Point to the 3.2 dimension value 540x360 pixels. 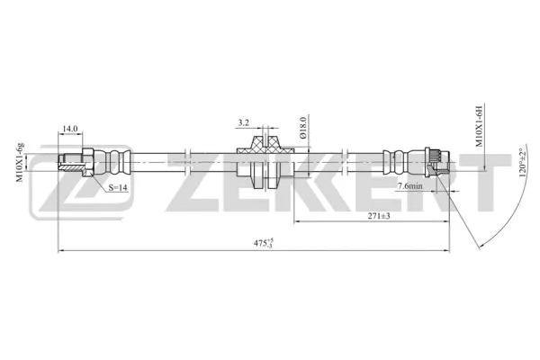(x=243, y=121)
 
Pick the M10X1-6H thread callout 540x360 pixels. (x=480, y=127)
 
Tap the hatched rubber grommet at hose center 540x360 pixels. (x=263, y=144)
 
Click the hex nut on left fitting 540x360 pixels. (x=88, y=163)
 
